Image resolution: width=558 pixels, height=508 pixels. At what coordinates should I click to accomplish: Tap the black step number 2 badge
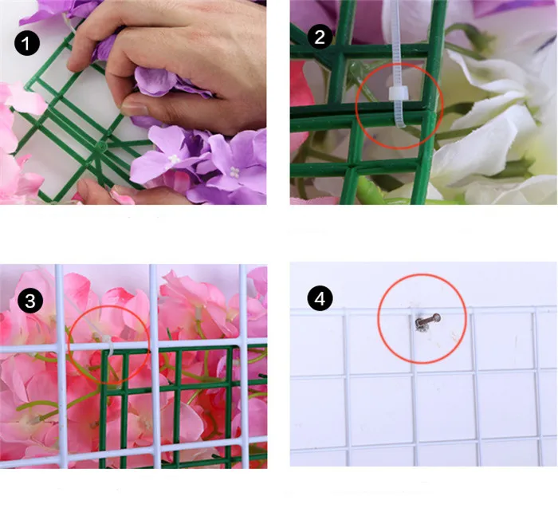tap(320, 37)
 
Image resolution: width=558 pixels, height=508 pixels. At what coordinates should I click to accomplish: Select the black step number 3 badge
tap(30, 301)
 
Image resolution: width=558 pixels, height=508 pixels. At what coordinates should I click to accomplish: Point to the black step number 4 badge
tap(320, 298)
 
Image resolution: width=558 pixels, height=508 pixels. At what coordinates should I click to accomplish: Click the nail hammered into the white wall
tap(427, 321)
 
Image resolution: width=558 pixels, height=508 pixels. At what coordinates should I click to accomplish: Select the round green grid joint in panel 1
tap(101, 145)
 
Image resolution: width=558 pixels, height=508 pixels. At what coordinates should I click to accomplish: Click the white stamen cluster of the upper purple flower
tap(174, 159)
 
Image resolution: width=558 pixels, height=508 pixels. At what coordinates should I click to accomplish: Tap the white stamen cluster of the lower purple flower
tap(234, 173)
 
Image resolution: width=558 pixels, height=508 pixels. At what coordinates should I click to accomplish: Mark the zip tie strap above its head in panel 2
tap(396, 43)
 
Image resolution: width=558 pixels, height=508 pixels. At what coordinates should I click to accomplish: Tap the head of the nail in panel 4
tap(436, 317)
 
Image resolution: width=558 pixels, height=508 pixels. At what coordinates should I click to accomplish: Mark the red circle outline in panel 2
tap(356, 106)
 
